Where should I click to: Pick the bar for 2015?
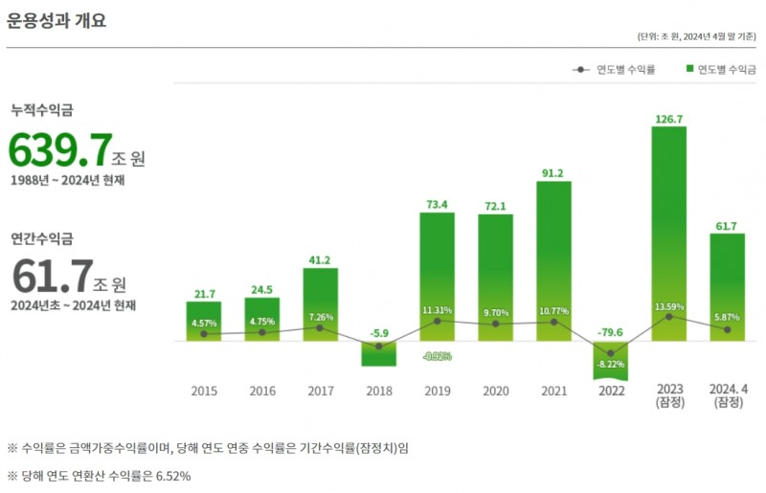click(203, 322)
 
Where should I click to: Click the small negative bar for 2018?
click(378, 353)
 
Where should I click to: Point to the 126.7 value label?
click(668, 120)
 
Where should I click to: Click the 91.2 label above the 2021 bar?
click(552, 173)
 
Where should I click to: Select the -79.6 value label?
click(611, 332)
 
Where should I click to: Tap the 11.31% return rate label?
click(437, 311)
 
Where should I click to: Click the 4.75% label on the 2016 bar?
click(261, 322)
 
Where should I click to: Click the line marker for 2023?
click(668, 317)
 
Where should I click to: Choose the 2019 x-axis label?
click(437, 391)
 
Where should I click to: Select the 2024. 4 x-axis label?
click(727, 390)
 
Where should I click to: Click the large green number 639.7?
click(59, 151)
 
